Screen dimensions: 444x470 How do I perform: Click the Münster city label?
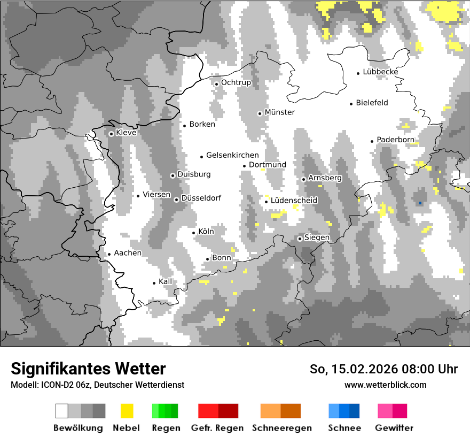click(x=279, y=112)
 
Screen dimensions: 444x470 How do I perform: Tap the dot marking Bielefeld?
click(x=351, y=104)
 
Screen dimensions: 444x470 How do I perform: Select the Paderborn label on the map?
click(x=395, y=140)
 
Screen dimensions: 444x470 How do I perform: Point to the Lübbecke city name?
click(x=380, y=72)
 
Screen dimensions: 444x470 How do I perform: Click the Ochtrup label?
click(x=236, y=83)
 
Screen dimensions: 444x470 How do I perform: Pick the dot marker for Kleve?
click(x=111, y=134)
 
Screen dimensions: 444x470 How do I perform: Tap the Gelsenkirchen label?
click(x=232, y=155)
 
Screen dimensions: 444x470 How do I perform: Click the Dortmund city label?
click(x=267, y=165)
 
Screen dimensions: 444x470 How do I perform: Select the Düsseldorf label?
click(x=201, y=198)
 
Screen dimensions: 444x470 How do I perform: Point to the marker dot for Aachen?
click(x=109, y=255)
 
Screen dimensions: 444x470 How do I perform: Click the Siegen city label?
click(x=317, y=238)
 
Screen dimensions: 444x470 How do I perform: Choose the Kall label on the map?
click(x=166, y=281)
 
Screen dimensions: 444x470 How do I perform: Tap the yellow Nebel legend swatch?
click(x=127, y=411)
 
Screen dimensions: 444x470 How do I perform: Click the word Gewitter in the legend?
click(x=394, y=428)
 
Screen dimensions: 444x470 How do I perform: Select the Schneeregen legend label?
click(x=281, y=428)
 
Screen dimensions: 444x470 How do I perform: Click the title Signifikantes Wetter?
click(x=88, y=369)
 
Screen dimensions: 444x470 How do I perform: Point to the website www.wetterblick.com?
click(x=385, y=385)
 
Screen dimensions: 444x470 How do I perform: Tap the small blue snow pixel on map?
click(x=421, y=203)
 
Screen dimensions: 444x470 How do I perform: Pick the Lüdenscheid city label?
click(x=294, y=201)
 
